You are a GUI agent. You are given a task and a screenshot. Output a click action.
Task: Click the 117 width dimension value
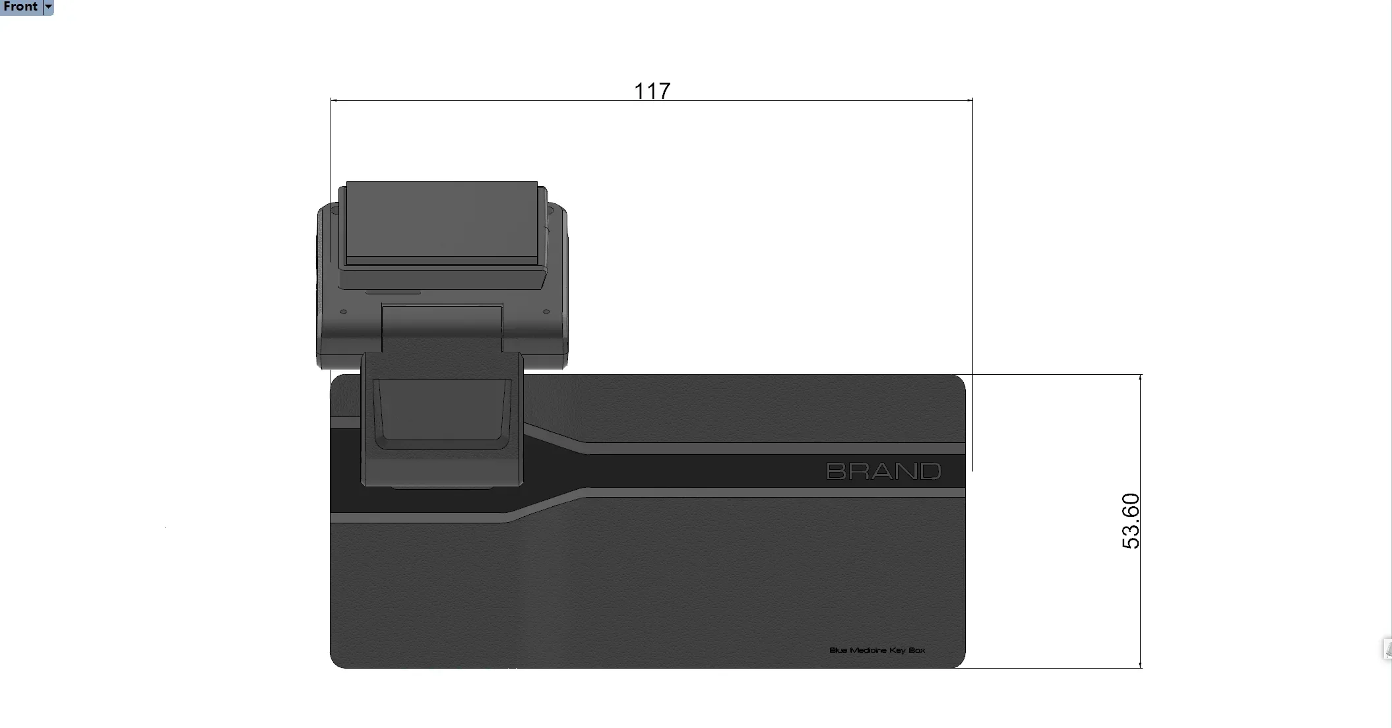(x=652, y=90)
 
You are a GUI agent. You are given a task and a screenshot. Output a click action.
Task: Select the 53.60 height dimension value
(x=1130, y=521)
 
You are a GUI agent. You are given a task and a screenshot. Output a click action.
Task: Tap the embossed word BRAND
(x=883, y=471)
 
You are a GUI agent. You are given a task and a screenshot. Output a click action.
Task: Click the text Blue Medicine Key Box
(x=877, y=650)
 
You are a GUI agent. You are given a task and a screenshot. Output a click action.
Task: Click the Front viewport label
(x=20, y=7)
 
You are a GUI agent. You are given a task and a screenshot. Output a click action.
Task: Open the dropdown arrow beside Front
(x=48, y=7)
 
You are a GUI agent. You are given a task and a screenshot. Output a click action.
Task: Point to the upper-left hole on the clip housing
(x=334, y=211)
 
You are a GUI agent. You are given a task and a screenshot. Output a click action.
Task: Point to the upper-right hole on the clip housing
(x=550, y=211)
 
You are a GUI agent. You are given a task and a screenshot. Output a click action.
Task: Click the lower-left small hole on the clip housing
(x=343, y=312)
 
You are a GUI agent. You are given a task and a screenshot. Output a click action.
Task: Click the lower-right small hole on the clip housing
(x=546, y=312)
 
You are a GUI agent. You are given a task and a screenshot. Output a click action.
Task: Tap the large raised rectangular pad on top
(x=441, y=221)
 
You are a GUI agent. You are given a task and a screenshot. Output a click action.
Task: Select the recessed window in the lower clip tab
(x=441, y=411)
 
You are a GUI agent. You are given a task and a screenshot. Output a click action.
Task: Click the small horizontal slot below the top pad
(x=393, y=292)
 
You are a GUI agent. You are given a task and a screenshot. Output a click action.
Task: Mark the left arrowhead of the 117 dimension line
(x=333, y=100)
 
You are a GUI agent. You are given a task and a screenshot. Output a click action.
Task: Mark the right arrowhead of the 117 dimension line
(x=970, y=100)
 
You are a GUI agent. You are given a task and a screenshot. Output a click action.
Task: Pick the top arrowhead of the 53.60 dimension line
(x=1141, y=378)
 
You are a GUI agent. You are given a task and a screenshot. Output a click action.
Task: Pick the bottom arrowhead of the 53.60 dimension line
(x=1141, y=665)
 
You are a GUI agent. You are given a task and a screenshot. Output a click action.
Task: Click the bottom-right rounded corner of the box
(x=959, y=662)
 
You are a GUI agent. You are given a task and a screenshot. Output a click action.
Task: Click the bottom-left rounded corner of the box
(x=336, y=662)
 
